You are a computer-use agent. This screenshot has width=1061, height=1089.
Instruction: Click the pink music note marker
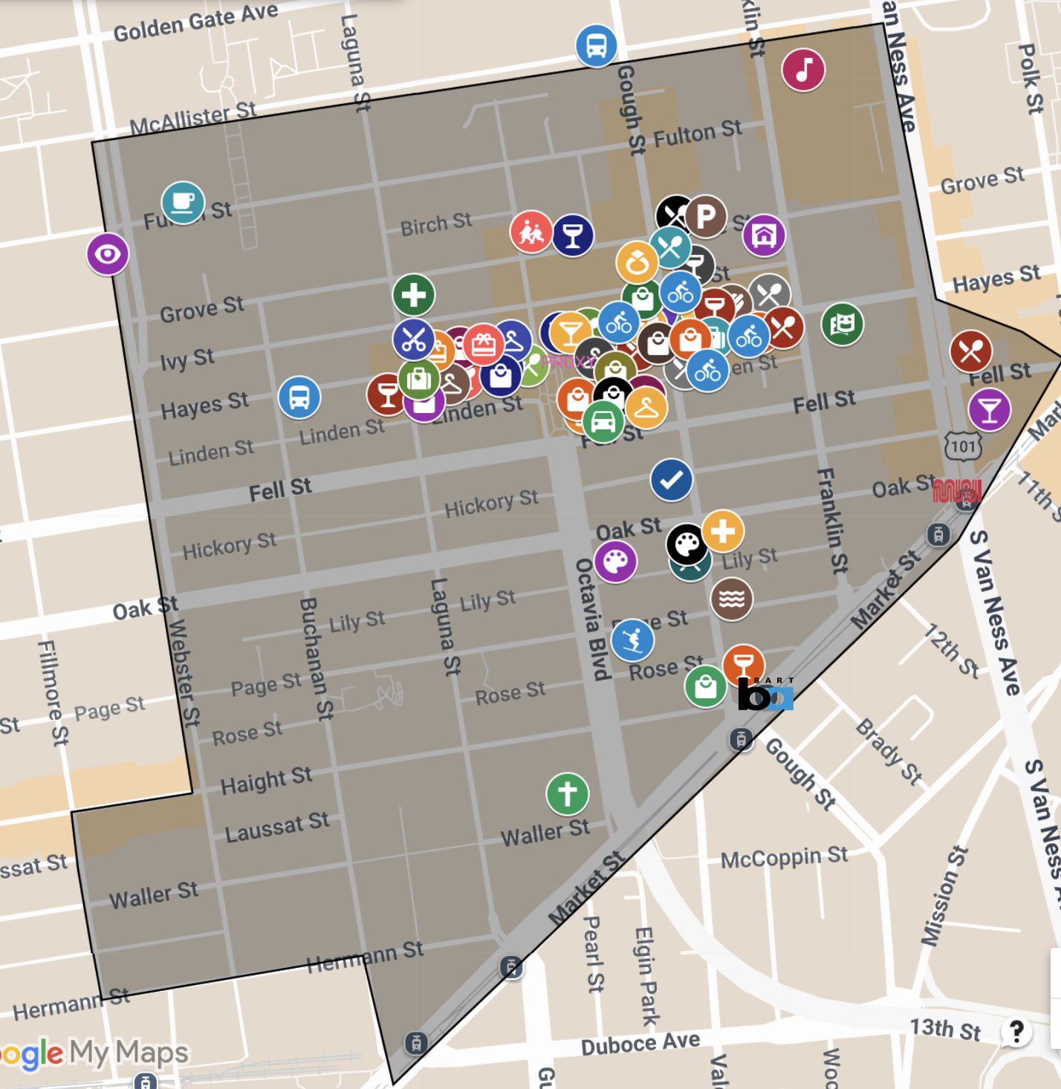click(x=803, y=71)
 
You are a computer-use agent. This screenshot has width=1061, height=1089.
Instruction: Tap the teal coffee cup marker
click(x=183, y=203)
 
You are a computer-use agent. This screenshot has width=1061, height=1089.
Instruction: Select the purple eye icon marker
click(x=108, y=254)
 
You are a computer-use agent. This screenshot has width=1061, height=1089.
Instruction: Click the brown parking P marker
click(x=706, y=216)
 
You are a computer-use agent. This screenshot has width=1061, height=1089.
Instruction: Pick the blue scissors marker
click(x=413, y=339)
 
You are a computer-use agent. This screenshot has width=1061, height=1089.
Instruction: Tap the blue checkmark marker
click(x=671, y=480)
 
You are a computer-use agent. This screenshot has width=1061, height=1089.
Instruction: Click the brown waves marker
click(x=731, y=599)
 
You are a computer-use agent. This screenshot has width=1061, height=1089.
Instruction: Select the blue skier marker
click(x=632, y=640)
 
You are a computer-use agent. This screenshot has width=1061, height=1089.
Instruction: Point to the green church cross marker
click(x=567, y=793)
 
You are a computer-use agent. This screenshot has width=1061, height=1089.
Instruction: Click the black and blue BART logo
click(x=765, y=694)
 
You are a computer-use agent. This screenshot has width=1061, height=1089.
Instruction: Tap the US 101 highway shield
click(x=963, y=446)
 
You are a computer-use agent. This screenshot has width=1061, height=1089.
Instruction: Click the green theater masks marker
click(x=842, y=325)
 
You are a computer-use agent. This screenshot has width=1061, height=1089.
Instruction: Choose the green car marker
click(x=603, y=421)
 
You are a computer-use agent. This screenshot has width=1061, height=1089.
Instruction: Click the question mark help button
click(x=1016, y=1031)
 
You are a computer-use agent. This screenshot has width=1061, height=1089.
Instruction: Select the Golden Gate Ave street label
click(x=195, y=22)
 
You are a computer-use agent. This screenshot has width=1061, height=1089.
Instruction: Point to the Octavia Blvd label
click(x=592, y=619)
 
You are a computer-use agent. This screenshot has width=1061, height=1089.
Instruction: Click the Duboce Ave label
click(x=640, y=1044)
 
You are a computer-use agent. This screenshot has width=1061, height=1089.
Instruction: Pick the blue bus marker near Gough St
click(x=596, y=46)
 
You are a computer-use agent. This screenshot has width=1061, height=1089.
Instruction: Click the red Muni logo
click(x=957, y=491)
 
